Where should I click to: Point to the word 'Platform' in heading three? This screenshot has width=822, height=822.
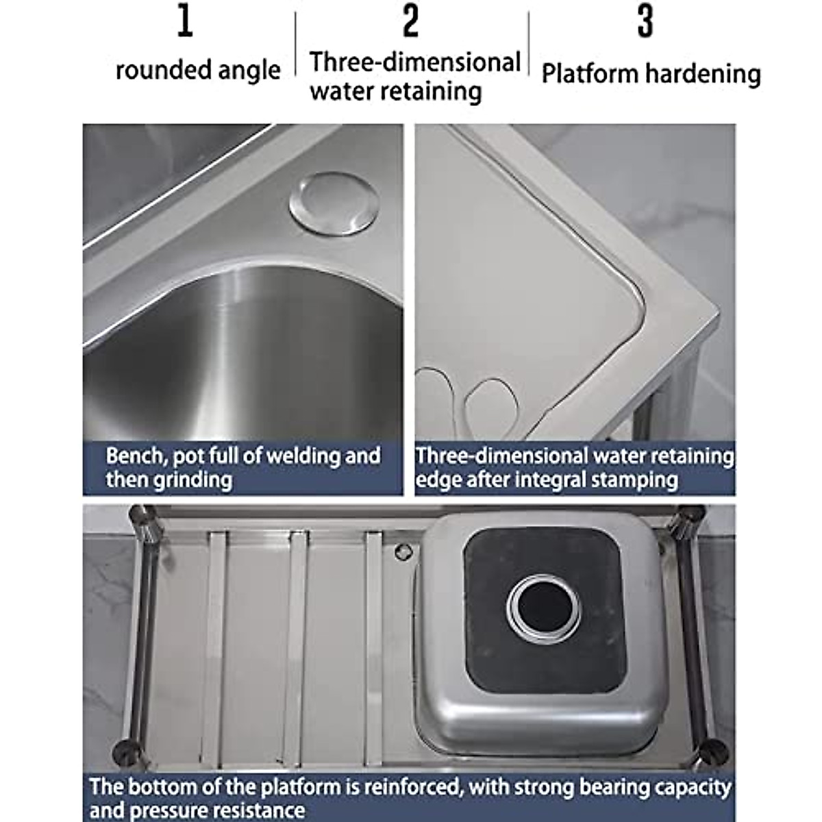click(588, 73)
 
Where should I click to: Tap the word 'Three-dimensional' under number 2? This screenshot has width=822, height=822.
click(415, 62)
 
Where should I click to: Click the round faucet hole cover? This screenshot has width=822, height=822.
click(334, 203)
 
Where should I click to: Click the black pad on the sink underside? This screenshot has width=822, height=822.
click(493, 658)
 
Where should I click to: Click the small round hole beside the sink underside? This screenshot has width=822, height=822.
click(402, 549)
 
